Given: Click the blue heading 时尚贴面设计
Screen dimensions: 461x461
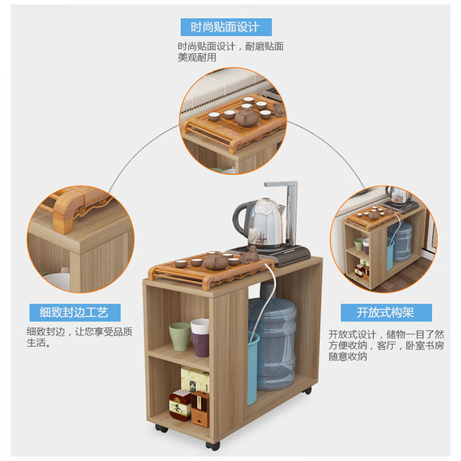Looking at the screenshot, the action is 226,27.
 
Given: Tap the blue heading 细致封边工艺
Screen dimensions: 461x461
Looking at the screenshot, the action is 75,312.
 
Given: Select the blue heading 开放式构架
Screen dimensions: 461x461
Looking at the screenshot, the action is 386,313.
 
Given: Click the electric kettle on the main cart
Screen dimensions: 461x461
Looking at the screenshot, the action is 259,223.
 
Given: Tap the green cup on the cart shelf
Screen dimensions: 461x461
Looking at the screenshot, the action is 179,336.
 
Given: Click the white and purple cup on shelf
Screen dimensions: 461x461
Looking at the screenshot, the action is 200,338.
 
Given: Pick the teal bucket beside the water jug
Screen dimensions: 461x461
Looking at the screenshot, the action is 252,367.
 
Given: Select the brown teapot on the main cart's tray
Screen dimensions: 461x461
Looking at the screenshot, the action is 216,261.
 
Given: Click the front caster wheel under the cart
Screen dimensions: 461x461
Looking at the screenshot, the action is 213,446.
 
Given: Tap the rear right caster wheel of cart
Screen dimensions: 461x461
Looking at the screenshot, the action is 308,390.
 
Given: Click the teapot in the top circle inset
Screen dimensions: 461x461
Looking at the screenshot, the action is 246,117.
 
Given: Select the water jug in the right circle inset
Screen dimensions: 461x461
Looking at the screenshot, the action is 400,241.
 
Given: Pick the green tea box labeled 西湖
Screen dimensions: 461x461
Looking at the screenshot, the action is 195,380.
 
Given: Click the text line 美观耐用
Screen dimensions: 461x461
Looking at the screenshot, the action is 197,58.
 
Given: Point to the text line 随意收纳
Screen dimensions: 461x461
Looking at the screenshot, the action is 348,357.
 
